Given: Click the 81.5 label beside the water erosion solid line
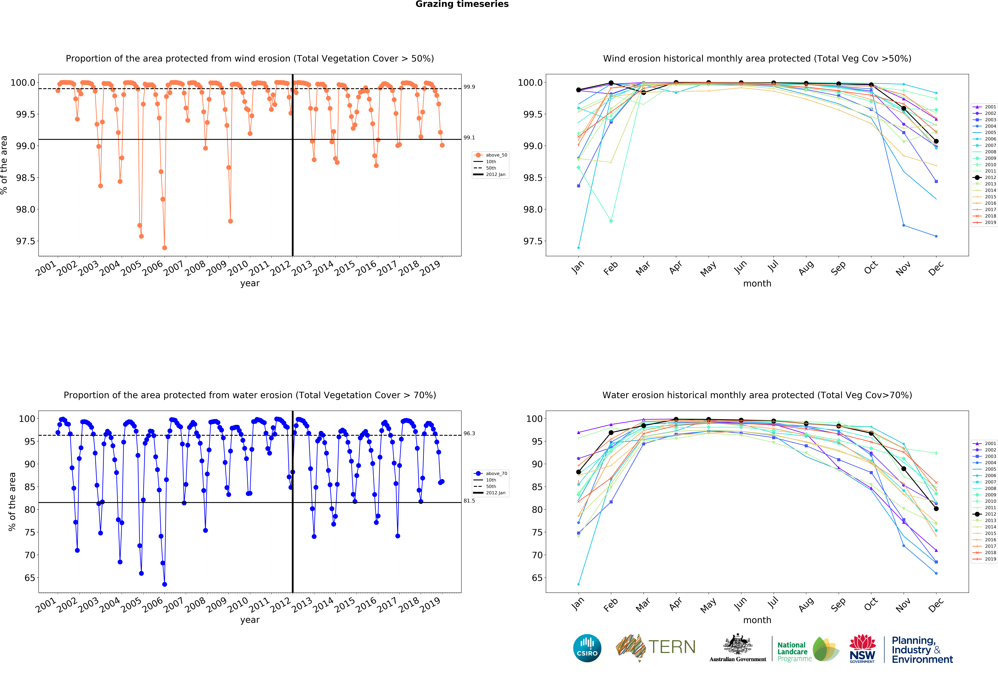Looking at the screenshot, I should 469,501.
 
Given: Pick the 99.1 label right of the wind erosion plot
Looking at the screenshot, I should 469,138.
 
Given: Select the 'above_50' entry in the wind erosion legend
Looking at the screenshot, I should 496,155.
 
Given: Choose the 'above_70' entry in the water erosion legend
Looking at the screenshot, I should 496,473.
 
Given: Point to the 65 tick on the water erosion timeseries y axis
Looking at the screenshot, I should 30,578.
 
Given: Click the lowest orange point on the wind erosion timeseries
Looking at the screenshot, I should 164,248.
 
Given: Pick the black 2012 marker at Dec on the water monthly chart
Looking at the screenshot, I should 936,509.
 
